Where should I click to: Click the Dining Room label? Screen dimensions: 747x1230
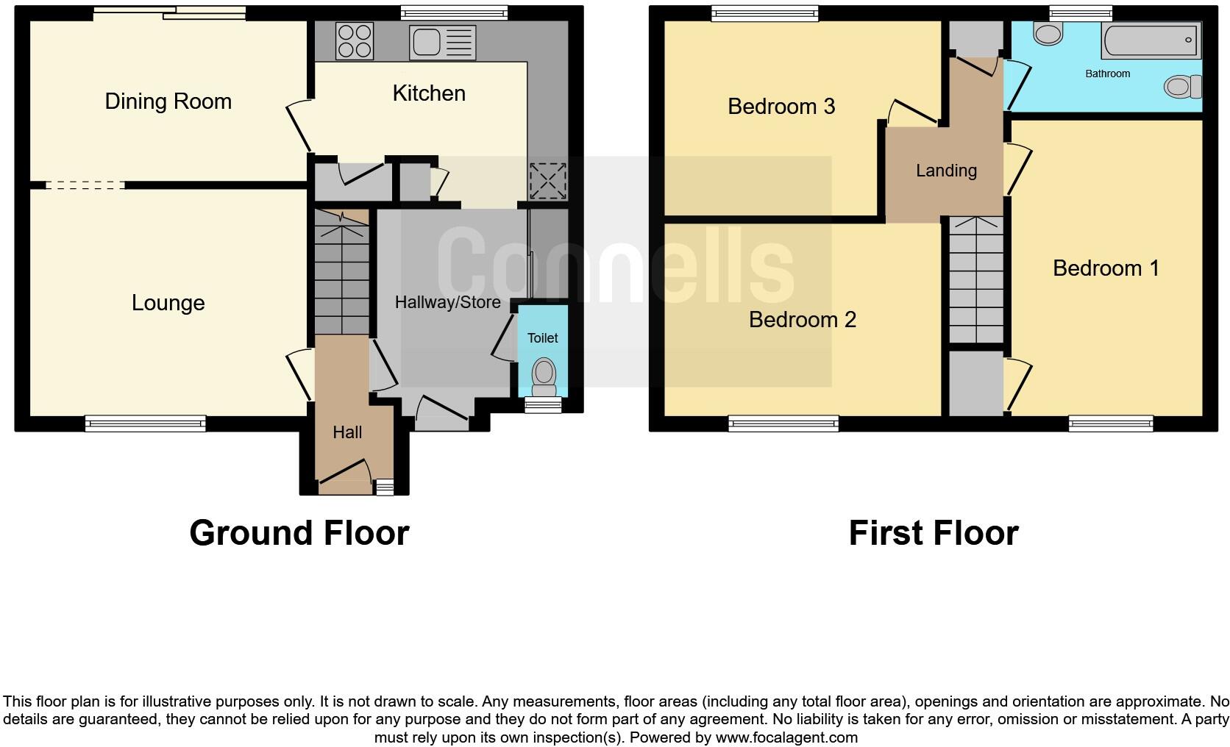click(x=168, y=101)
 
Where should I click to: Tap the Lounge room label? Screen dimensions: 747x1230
click(x=168, y=303)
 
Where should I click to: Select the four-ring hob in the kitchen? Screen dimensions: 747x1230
click(x=354, y=40)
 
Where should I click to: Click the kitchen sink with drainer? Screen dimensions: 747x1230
click(x=443, y=41)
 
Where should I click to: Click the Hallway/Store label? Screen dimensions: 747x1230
click(x=447, y=302)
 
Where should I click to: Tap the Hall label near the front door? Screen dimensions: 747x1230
click(x=347, y=432)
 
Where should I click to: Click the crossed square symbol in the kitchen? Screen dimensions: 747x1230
click(x=547, y=181)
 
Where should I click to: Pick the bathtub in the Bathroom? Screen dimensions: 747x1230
click(x=1151, y=40)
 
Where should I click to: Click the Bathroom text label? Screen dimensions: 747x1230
click(x=1107, y=74)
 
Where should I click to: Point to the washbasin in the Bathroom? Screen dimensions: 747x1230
click(x=1048, y=32)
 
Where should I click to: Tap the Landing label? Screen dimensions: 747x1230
click(x=946, y=171)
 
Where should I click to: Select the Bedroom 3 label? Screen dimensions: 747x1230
click(x=781, y=107)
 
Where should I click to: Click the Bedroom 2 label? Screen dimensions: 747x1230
click(x=803, y=320)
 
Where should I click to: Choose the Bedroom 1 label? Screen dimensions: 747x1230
click(x=1106, y=268)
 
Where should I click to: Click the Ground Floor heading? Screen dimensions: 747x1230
click(x=299, y=533)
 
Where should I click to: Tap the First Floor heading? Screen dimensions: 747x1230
click(x=933, y=533)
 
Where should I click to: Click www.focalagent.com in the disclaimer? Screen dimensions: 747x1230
click(x=786, y=737)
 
